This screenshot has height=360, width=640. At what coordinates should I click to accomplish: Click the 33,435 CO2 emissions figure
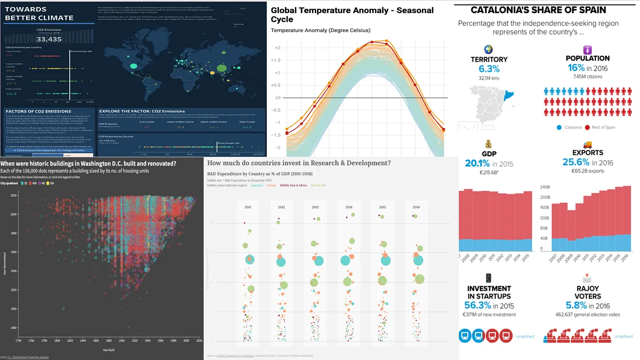click(49, 39)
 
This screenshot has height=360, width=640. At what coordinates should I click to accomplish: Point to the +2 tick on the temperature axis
click(278, 48)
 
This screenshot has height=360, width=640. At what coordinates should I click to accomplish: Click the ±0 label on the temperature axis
click(278, 98)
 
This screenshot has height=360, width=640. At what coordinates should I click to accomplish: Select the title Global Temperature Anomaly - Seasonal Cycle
click(352, 15)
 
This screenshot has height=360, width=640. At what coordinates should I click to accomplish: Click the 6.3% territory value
click(489, 69)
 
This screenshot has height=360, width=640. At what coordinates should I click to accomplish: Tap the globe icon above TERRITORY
click(488, 49)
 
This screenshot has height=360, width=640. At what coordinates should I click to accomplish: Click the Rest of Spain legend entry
click(612, 127)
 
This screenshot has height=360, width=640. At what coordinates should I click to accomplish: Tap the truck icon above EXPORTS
click(587, 145)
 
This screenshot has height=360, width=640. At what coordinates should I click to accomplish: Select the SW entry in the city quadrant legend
click(51, 183)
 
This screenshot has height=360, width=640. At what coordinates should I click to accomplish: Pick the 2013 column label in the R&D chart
click(315, 207)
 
